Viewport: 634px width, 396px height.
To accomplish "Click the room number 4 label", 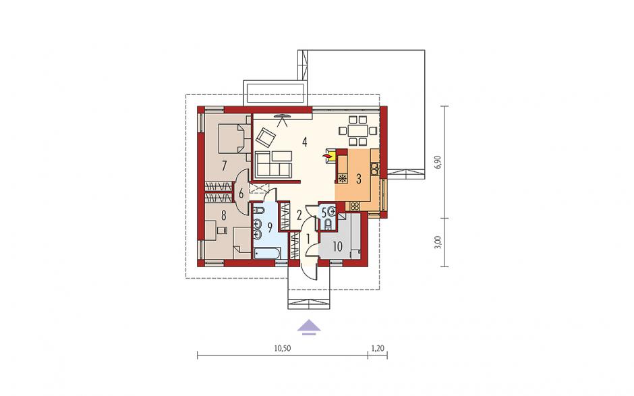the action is coord(304,142).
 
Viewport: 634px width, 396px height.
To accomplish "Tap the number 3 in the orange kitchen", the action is coord(359,179).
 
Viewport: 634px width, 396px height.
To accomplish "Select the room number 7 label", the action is coord(224,165).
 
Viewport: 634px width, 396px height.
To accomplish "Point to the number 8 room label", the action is coord(224,216).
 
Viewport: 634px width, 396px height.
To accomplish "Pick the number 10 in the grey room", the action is coord(338,246).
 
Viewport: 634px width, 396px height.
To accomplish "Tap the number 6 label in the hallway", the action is coord(241,194).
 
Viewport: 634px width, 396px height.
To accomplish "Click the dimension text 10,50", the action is coord(283,347).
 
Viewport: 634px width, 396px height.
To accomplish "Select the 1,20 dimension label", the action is coord(378,347).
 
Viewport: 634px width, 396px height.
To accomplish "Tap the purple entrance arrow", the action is coord(309,327).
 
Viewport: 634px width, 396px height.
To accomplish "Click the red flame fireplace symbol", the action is coord(326,155).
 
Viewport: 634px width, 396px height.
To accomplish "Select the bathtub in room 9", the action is coord(267,254).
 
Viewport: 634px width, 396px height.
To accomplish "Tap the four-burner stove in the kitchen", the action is coord(355,206).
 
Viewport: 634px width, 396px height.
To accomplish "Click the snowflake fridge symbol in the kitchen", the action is coord(343,178).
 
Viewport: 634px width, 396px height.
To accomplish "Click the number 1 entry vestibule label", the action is coord(308,239).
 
